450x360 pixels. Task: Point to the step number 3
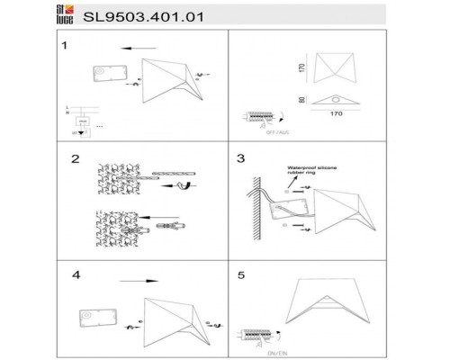click(x=240, y=159)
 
